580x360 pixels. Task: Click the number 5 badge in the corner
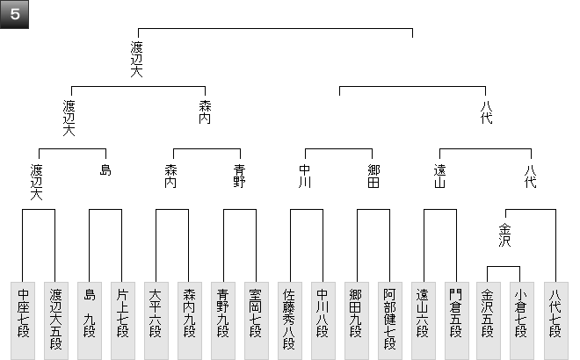(15, 14)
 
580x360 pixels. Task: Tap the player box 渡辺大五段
(55, 320)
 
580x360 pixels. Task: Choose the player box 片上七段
(122, 320)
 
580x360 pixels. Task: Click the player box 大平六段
(156, 320)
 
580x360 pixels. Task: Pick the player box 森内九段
(189, 320)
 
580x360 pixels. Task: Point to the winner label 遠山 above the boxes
(440, 176)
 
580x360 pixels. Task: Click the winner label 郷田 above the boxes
(373, 176)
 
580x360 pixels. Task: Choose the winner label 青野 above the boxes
(239, 176)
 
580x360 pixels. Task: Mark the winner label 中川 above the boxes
(306, 176)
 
